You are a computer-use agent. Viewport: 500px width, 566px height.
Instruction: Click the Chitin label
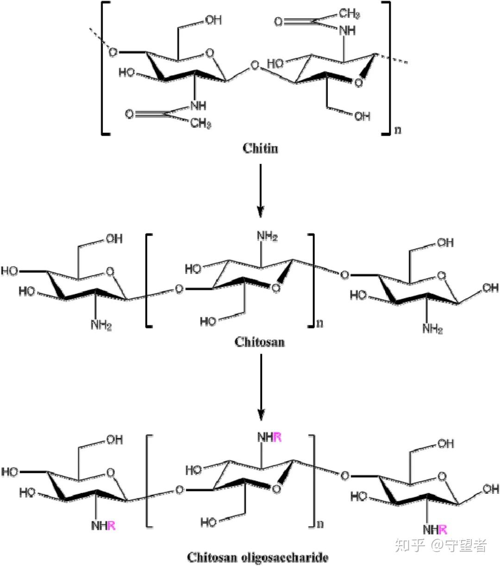click(261, 149)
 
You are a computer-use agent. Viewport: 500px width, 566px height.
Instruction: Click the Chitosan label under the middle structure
click(259, 342)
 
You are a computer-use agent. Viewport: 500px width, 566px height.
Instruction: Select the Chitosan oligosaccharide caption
click(257, 557)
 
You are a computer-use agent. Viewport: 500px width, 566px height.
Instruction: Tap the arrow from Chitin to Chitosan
click(261, 190)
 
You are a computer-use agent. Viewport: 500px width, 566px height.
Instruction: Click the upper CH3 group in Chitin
click(350, 14)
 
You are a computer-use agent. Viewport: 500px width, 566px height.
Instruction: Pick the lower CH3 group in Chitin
click(201, 124)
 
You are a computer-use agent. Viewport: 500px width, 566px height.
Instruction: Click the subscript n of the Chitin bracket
click(397, 130)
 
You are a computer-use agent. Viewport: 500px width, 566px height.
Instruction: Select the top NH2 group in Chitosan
click(267, 237)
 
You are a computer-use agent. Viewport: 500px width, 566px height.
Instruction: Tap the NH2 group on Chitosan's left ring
click(101, 325)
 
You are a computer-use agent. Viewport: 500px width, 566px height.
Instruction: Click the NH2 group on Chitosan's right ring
click(432, 329)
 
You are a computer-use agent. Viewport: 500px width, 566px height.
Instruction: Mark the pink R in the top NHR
click(277, 437)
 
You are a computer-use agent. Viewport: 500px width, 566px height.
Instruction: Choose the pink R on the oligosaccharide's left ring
click(111, 526)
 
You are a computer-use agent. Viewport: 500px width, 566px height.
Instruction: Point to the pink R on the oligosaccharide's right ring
click(443, 529)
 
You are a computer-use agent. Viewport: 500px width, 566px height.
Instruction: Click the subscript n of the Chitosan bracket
click(320, 323)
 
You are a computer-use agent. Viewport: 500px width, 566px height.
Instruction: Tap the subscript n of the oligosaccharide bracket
click(320, 524)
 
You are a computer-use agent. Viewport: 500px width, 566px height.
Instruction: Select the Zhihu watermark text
click(440, 546)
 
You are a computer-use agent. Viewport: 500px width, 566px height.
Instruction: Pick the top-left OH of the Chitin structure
click(213, 20)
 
